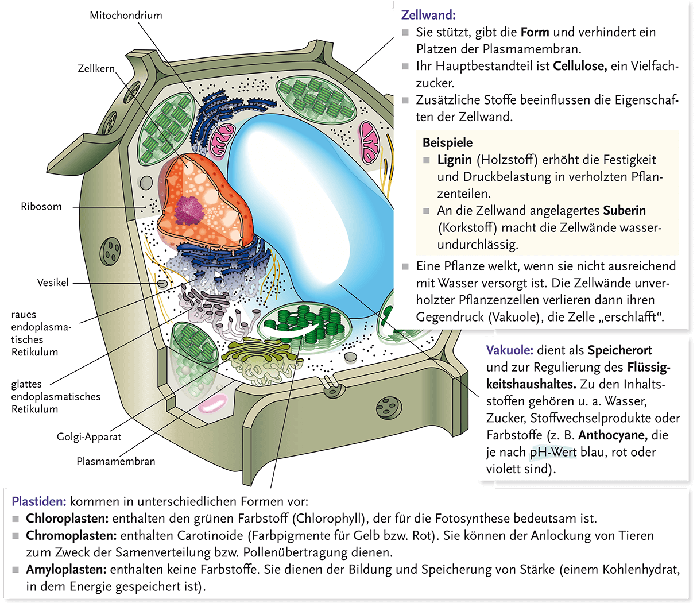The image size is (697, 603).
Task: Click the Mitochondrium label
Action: coord(126,16)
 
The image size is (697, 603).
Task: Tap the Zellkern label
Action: coord(96,69)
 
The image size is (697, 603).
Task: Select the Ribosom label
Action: coord(41,207)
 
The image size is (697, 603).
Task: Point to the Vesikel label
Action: coord(53,283)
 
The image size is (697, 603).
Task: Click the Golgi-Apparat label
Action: coord(89,437)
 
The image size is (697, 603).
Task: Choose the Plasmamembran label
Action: coord(116,461)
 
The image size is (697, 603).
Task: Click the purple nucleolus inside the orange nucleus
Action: coord(189,210)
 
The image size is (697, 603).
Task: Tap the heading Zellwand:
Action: coord(428,16)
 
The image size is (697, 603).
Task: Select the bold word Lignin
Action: coord(455,160)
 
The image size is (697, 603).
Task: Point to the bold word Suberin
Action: coord(625,211)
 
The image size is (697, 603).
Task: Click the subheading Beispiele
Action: coord(448,143)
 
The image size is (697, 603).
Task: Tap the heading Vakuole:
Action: coord(510,350)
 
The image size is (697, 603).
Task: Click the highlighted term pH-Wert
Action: coord(553,452)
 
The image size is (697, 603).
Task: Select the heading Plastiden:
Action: coord(39,501)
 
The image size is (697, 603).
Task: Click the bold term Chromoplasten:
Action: coord(71,536)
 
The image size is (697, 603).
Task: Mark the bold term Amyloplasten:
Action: coord(66,570)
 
